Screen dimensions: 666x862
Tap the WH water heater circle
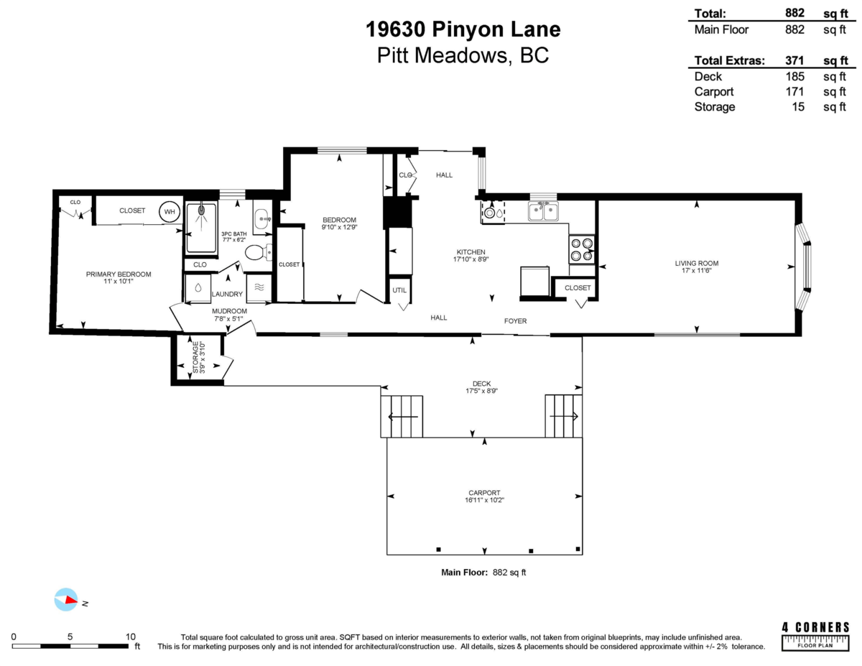tap(170, 211)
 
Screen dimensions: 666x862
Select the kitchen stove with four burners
tap(582, 249)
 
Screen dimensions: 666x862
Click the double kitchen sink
tap(543, 211)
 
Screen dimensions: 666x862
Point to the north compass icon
tap(66, 600)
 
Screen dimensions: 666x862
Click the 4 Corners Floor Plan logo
tap(815, 636)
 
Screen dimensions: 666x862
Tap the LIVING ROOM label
tap(696, 263)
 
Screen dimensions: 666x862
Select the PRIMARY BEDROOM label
tap(119, 274)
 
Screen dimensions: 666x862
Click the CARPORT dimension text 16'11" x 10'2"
tap(484, 500)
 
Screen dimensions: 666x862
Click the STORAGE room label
tap(195, 357)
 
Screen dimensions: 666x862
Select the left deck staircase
tap(402, 416)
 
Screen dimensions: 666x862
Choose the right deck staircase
tap(563, 416)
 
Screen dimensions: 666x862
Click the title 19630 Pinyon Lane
tap(463, 29)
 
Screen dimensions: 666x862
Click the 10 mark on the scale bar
tap(131, 636)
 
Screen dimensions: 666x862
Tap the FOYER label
tap(516, 321)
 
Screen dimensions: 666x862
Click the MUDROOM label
tap(229, 311)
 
